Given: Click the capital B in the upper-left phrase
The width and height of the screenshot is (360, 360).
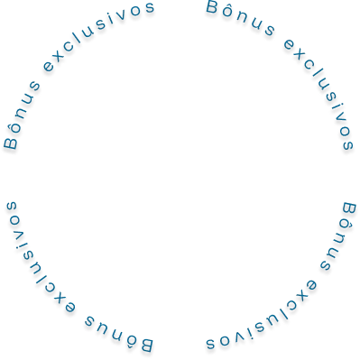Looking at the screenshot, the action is tap(11, 143).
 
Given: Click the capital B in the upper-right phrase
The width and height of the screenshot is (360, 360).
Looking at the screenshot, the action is tap(212, 7).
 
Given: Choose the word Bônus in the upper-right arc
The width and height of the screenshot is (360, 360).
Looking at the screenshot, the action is tap(240, 18).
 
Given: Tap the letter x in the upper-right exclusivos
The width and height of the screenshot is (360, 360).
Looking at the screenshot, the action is tap(300, 55).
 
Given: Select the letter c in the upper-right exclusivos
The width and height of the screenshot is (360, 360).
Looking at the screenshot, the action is tap(310, 66).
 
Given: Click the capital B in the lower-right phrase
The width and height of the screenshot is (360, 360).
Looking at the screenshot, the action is tap(349, 209).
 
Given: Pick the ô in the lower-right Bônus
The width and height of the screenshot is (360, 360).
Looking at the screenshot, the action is tap(345, 228).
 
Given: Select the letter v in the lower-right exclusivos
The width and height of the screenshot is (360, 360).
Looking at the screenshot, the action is tap(239, 338).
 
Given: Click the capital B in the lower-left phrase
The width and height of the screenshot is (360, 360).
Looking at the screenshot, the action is tap(147, 346).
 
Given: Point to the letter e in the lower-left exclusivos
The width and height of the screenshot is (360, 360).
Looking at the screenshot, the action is tap(69, 308).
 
